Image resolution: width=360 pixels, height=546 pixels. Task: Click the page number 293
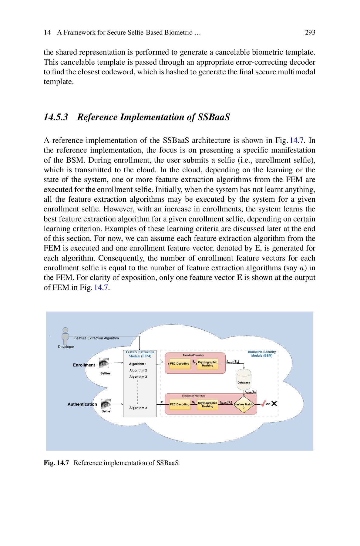click(x=310, y=32)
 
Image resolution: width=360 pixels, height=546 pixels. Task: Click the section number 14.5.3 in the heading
click(x=56, y=117)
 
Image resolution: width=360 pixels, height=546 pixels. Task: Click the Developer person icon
click(x=65, y=336)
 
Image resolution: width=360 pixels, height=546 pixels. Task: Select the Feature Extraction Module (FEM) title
click(x=140, y=354)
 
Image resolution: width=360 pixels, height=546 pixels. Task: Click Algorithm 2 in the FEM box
click(x=138, y=370)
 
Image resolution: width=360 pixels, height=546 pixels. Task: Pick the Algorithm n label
click(x=138, y=408)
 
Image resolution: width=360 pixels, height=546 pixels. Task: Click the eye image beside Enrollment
click(x=104, y=363)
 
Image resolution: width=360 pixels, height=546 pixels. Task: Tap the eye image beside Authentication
click(x=106, y=404)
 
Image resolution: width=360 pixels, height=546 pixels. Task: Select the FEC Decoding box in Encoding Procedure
click(x=180, y=363)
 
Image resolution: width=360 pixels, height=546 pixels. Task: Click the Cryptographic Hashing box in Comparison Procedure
click(x=207, y=404)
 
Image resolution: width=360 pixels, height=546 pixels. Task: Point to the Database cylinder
click(x=244, y=379)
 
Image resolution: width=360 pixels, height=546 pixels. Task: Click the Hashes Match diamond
click(x=244, y=404)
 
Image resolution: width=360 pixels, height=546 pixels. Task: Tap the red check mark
click(x=263, y=403)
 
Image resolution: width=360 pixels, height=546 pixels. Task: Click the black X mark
click(x=274, y=404)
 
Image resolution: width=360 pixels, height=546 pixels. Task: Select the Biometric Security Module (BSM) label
click(x=262, y=354)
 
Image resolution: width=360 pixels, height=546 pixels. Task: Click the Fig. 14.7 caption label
click(x=56, y=463)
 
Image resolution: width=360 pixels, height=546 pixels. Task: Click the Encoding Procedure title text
click(x=193, y=355)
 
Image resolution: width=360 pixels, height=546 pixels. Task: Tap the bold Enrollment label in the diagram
click(x=84, y=365)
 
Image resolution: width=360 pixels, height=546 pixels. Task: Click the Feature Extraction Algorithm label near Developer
click(x=96, y=338)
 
